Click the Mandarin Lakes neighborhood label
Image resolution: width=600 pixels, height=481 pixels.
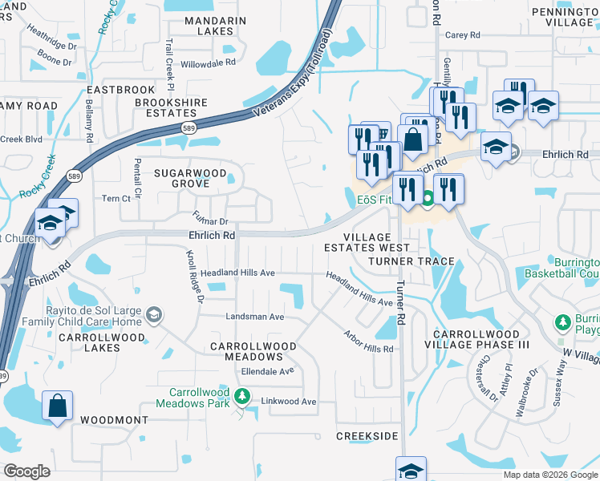click(209, 26)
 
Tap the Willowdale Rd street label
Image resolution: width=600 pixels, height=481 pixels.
click(209, 62)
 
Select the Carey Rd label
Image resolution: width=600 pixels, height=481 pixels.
click(462, 35)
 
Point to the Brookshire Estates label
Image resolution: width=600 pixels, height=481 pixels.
click(171, 108)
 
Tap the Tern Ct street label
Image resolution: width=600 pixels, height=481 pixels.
click(116, 198)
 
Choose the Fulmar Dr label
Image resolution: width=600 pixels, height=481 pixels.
click(211, 217)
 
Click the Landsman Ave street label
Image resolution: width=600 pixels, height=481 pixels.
click(255, 317)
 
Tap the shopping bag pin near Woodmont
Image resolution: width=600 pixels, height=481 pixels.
click(59, 406)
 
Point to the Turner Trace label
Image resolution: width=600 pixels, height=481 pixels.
click(411, 262)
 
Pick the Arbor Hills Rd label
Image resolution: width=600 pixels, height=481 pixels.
click(368, 342)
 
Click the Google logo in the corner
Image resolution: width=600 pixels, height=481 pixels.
click(26, 471)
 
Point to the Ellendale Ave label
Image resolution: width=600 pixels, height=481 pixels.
click(268, 371)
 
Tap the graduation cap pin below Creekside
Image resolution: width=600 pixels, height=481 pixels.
click(411, 469)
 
